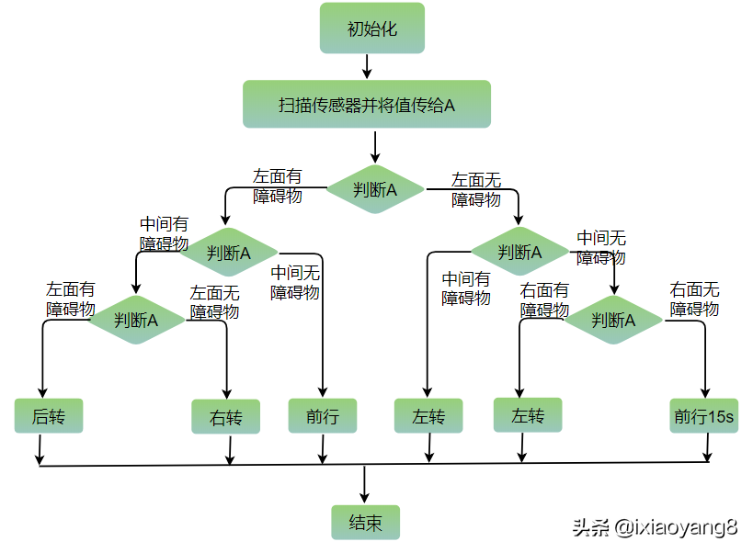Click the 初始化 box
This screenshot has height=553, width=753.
(371, 28)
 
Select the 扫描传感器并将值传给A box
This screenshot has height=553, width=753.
(367, 104)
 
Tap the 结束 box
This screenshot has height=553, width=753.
(365, 523)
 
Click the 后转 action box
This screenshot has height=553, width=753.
(48, 416)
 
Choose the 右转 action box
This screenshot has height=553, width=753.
(225, 417)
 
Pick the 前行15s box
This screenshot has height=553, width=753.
(703, 416)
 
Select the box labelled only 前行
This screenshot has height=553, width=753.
(322, 416)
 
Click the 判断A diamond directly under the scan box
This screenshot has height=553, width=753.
(375, 190)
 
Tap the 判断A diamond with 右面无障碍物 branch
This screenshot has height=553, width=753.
(612, 321)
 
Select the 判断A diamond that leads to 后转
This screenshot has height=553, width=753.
(136, 320)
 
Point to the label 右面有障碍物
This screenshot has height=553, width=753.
(544, 300)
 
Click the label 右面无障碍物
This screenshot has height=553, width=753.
(694, 299)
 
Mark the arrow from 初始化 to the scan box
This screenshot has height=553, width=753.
(367, 65)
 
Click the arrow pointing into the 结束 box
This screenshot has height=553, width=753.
(365, 485)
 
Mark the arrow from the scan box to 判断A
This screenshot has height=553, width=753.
(374, 147)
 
